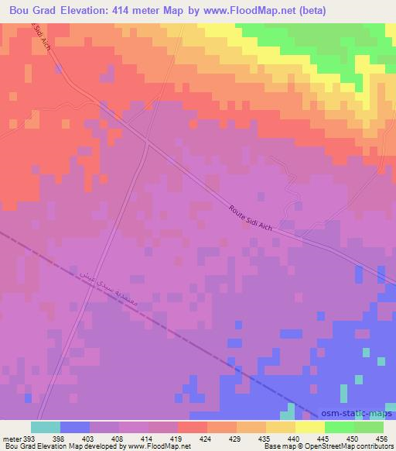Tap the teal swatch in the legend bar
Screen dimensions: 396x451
[46, 426]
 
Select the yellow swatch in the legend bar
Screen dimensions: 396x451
[310, 426]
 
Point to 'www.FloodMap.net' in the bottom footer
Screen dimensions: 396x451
[159, 446]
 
